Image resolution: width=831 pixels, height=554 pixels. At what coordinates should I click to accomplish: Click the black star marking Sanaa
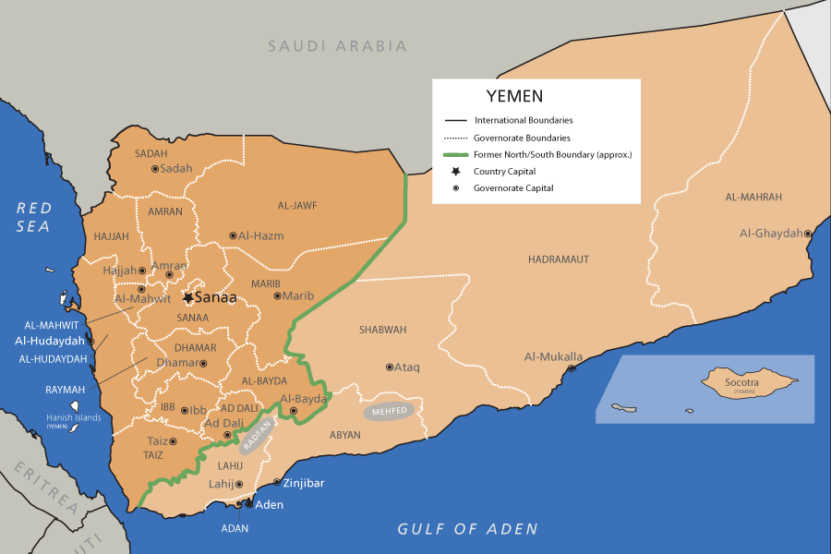[x=188, y=298]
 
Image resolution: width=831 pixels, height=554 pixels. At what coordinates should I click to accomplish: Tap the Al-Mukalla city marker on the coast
[x=572, y=368]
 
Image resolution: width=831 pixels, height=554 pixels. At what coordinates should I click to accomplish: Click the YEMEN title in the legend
[x=514, y=96]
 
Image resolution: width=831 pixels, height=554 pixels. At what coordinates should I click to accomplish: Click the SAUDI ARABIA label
[x=337, y=45]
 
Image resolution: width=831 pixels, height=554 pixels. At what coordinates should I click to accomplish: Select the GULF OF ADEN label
[x=467, y=529]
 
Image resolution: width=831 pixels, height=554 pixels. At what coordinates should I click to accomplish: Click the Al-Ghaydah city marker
[x=808, y=234]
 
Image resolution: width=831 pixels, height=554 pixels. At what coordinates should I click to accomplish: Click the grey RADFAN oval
[x=258, y=437]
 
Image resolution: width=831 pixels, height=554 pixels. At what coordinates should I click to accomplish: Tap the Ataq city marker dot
[x=389, y=367]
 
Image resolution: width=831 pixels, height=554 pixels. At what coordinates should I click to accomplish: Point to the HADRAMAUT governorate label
[x=558, y=259]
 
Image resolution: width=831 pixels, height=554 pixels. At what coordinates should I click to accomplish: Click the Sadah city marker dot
[x=155, y=169]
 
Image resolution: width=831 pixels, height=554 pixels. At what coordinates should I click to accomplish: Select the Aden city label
[x=269, y=505]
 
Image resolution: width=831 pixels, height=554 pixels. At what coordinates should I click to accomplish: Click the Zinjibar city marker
[x=278, y=483]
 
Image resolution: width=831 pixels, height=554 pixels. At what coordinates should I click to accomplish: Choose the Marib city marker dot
[x=277, y=296]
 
